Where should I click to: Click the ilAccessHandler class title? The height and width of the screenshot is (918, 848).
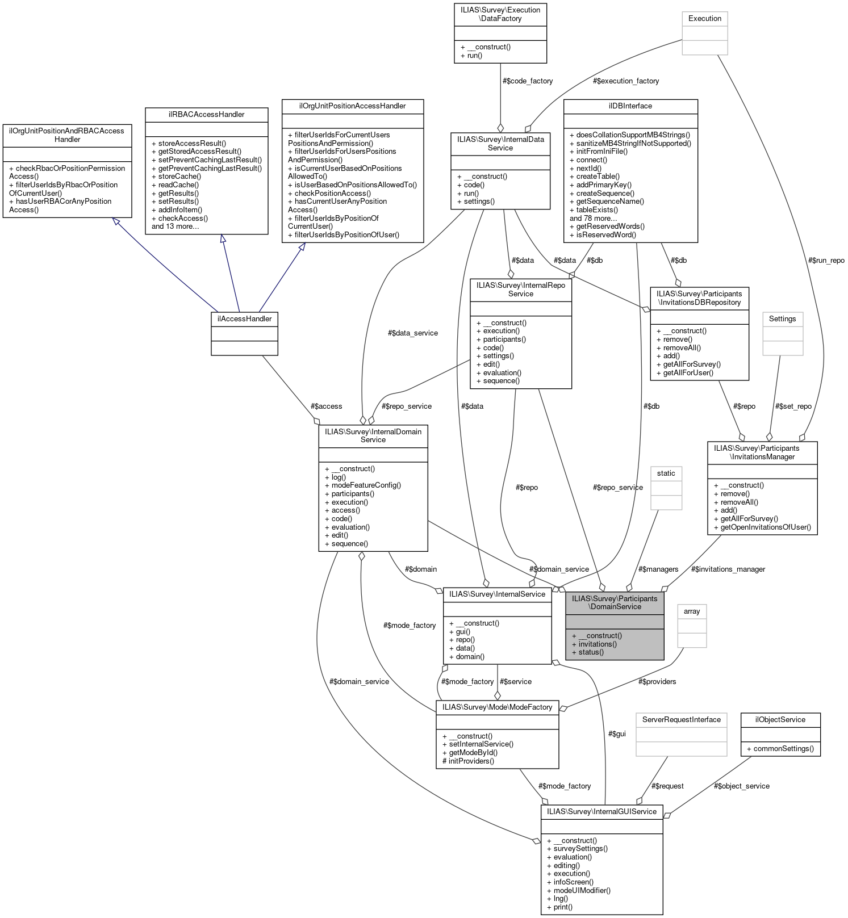point(244,318)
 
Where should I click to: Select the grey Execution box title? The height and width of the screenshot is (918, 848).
point(704,18)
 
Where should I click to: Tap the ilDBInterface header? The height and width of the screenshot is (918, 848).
point(630,106)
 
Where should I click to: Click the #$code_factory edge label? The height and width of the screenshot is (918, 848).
point(527,81)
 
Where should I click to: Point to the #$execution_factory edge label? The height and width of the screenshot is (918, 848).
point(625,81)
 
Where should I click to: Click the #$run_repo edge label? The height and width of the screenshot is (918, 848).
point(826,260)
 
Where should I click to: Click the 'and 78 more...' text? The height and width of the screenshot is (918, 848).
point(593,218)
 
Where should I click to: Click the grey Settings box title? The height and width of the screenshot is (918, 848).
point(782,318)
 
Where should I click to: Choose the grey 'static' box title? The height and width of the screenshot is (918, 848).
point(666,473)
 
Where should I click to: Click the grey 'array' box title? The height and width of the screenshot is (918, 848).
point(691,611)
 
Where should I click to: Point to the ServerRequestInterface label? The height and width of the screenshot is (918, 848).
point(681,719)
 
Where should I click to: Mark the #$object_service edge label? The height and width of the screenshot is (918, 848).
point(741,786)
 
